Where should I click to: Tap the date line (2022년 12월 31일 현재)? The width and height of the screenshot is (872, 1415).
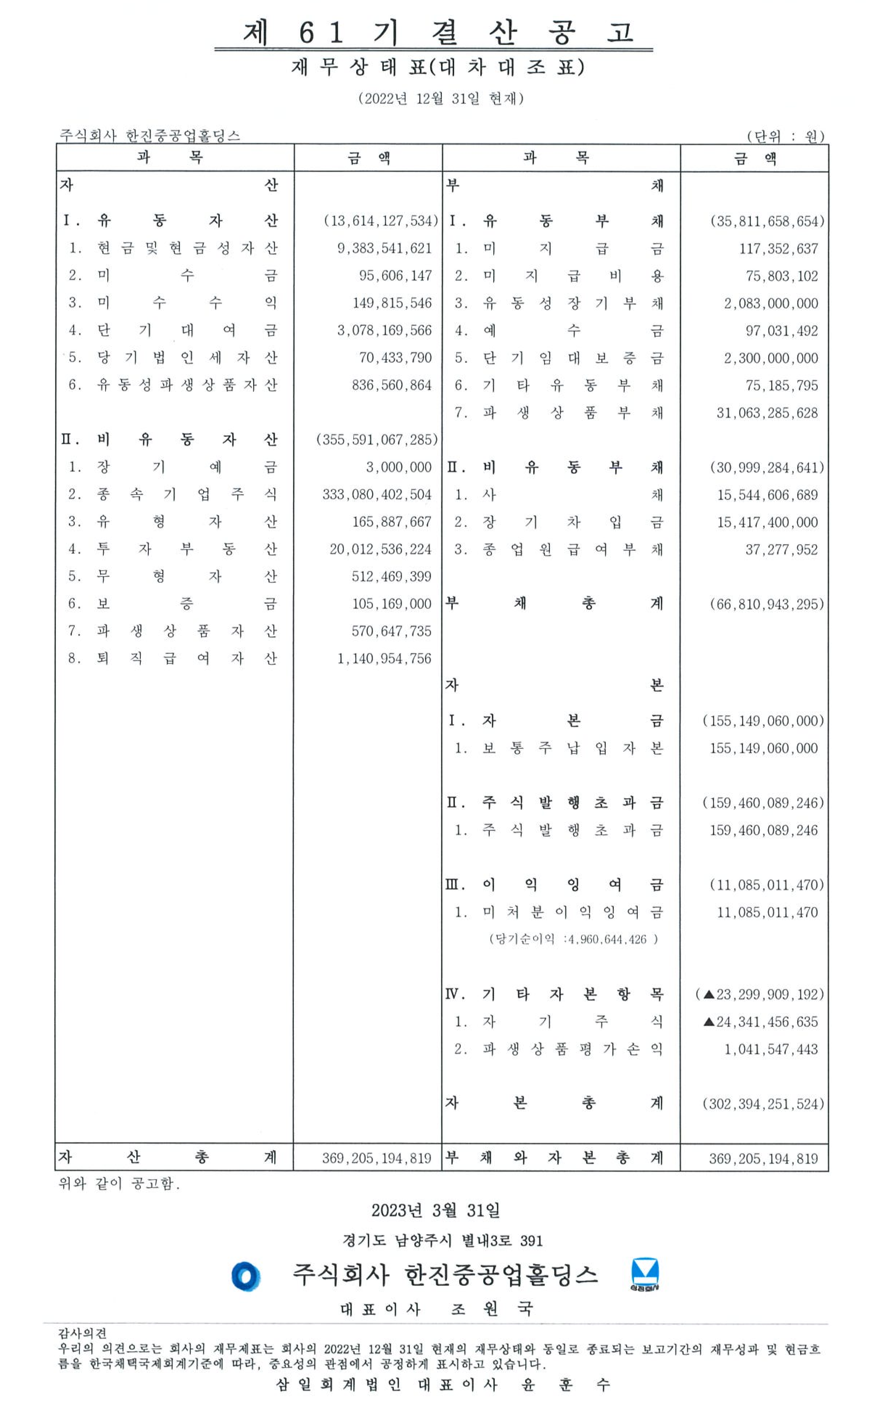pyautogui.click(x=441, y=99)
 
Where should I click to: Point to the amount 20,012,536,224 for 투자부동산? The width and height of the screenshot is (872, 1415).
pyautogui.click(x=380, y=549)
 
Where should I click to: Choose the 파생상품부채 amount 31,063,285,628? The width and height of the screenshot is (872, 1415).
pyautogui.click(x=767, y=413)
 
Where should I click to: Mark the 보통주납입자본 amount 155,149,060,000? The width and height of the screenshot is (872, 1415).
pyautogui.click(x=764, y=748)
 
